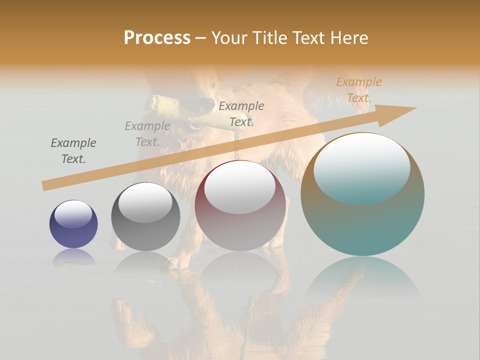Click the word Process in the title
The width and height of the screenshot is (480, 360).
coord(157,38)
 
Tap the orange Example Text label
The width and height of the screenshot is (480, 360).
coord(359,90)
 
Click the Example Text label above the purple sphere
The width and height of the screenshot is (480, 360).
coord(73,150)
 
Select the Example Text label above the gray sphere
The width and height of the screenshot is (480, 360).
coord(147,133)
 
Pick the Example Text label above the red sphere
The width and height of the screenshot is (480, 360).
coord(241,113)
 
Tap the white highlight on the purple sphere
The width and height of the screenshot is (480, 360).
coord(73,214)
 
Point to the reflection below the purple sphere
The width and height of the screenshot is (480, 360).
coord(73,257)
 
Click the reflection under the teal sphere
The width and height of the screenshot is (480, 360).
coord(362,280)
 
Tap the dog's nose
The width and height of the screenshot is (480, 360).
coord(205,102)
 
